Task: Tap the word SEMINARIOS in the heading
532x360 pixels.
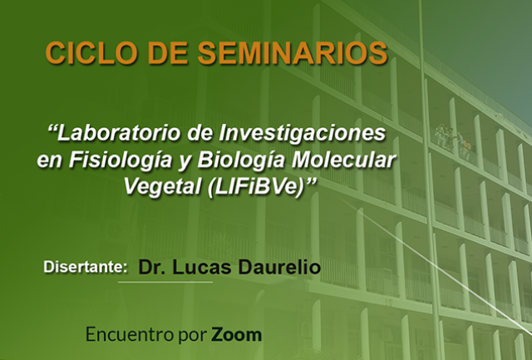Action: pyautogui.click(x=293, y=53)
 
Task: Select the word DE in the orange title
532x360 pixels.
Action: pyautogui.click(x=168, y=53)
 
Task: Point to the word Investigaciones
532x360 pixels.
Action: pyautogui.click(x=303, y=133)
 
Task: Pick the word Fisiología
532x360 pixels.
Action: pyautogui.click(x=121, y=160)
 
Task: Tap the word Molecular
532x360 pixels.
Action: pyautogui.click(x=344, y=160)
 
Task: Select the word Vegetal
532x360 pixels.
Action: pyautogui.click(x=163, y=186)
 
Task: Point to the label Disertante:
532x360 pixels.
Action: pyautogui.click(x=86, y=267)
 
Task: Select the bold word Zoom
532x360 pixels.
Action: pyautogui.click(x=236, y=334)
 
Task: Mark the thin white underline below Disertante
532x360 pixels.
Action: pyautogui.click(x=165, y=282)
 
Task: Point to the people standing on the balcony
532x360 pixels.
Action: pyautogui.click(x=454, y=139)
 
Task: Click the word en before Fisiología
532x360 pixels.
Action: pyautogui.click(x=50, y=161)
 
